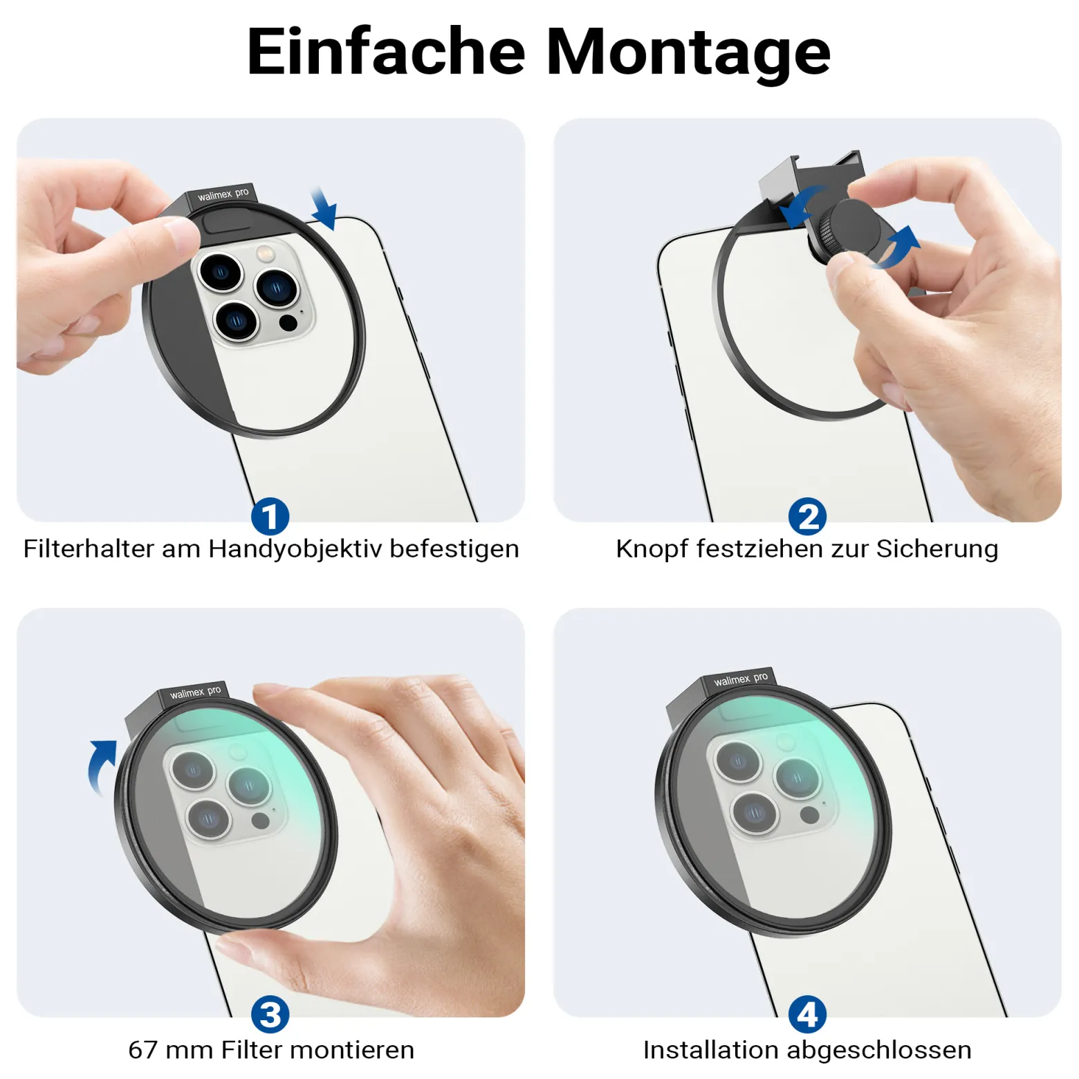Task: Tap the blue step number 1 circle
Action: tap(270, 517)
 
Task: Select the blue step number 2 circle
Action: tap(807, 517)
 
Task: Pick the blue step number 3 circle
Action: tap(270, 1015)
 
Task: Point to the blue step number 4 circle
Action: tap(807, 1015)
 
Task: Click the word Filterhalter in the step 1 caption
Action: tap(88, 548)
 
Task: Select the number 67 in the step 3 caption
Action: tap(142, 1050)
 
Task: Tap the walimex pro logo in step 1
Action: tap(223, 194)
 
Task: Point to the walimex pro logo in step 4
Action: tap(741, 679)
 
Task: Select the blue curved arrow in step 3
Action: tap(101, 766)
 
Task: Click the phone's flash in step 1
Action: tap(264, 253)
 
